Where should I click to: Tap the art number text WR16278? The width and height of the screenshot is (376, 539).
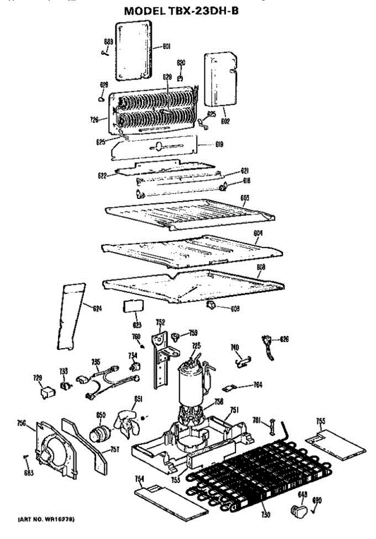[46, 520]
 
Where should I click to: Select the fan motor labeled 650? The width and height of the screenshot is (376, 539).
[99, 434]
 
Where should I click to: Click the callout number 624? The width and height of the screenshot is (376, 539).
[97, 308]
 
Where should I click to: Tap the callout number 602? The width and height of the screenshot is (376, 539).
[226, 120]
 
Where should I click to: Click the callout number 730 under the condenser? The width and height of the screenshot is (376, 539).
[265, 515]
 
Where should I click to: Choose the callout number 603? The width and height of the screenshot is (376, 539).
[245, 198]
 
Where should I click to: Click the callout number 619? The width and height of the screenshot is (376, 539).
[220, 145]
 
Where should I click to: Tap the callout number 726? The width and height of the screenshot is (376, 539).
[94, 119]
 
